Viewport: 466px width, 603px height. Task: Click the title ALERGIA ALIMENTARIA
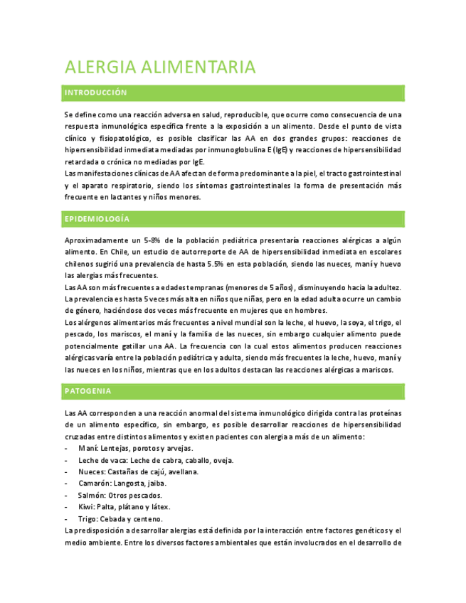159,68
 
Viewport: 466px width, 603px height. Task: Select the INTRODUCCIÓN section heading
95,93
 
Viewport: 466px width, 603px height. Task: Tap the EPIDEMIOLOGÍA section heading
97,218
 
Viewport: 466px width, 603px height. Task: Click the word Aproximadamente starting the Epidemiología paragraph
94,241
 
